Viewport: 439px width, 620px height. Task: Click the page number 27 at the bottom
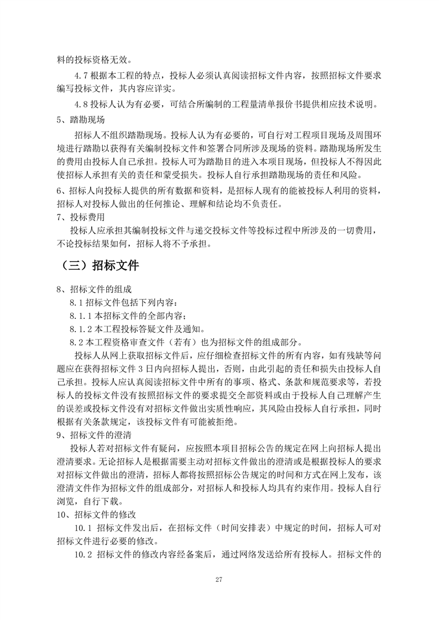pos(219,580)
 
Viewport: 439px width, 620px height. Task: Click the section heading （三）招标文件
pos(100,265)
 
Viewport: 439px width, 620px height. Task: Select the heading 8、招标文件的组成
pos(94,290)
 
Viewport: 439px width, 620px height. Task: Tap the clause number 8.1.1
pos(82,317)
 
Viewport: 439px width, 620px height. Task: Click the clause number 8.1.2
pos(82,330)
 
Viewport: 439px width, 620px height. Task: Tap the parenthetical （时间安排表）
pos(241,528)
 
